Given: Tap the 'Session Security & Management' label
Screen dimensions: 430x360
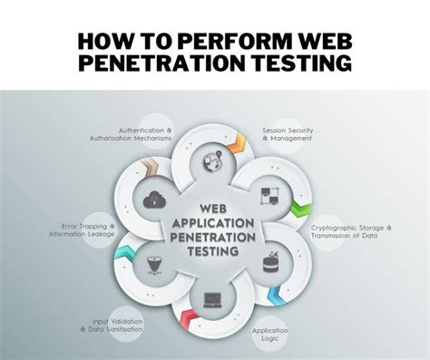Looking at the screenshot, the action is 288,135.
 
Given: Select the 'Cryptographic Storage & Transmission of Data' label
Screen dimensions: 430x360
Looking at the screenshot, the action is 353,231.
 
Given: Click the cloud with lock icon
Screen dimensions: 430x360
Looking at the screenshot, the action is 151,199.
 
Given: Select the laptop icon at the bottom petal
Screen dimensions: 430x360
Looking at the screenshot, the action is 212,297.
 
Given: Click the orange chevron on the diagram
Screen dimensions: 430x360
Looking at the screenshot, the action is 239,141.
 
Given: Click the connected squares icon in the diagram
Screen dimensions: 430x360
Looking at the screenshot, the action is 269,196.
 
